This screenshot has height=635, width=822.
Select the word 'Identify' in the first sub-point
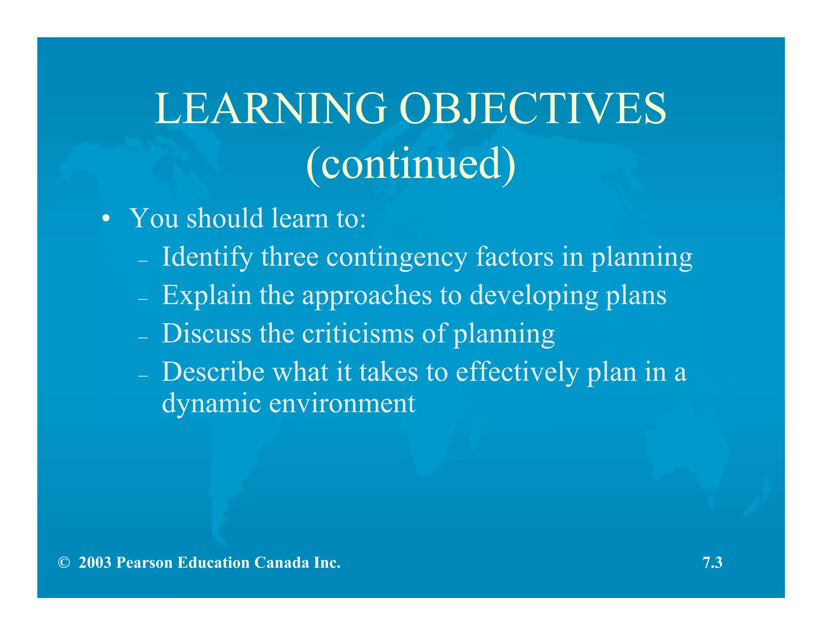(x=207, y=257)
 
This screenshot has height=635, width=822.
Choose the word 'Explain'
(x=206, y=295)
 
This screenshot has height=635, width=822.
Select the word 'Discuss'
(x=206, y=333)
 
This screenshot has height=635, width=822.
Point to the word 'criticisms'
(x=358, y=333)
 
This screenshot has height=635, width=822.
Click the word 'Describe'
(x=213, y=372)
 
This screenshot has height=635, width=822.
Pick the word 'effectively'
(x=517, y=372)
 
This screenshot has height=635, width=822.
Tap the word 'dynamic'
(x=211, y=403)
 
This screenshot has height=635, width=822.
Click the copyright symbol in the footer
(x=63, y=563)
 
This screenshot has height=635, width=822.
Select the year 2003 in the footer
(x=95, y=563)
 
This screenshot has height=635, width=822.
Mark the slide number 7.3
(x=712, y=563)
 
